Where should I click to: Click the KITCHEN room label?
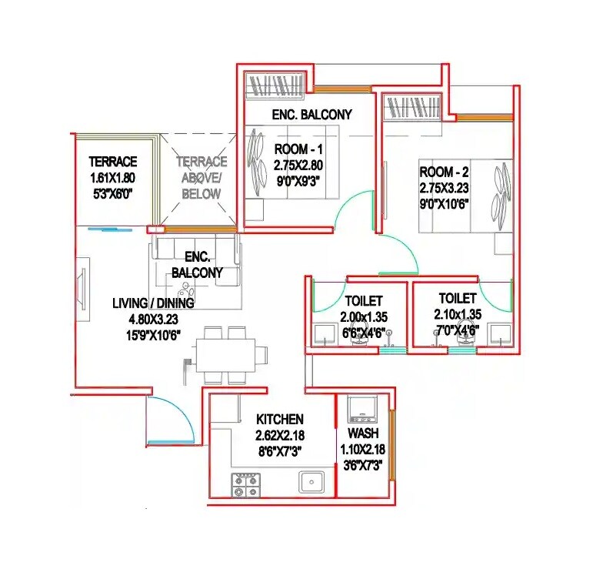point(280,420)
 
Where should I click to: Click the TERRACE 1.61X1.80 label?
point(113,162)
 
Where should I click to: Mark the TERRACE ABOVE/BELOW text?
point(202,177)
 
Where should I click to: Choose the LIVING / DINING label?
point(153,303)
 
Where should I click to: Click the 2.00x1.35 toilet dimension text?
point(364,316)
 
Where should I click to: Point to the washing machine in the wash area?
point(360,410)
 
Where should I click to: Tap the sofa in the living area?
point(195,262)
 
